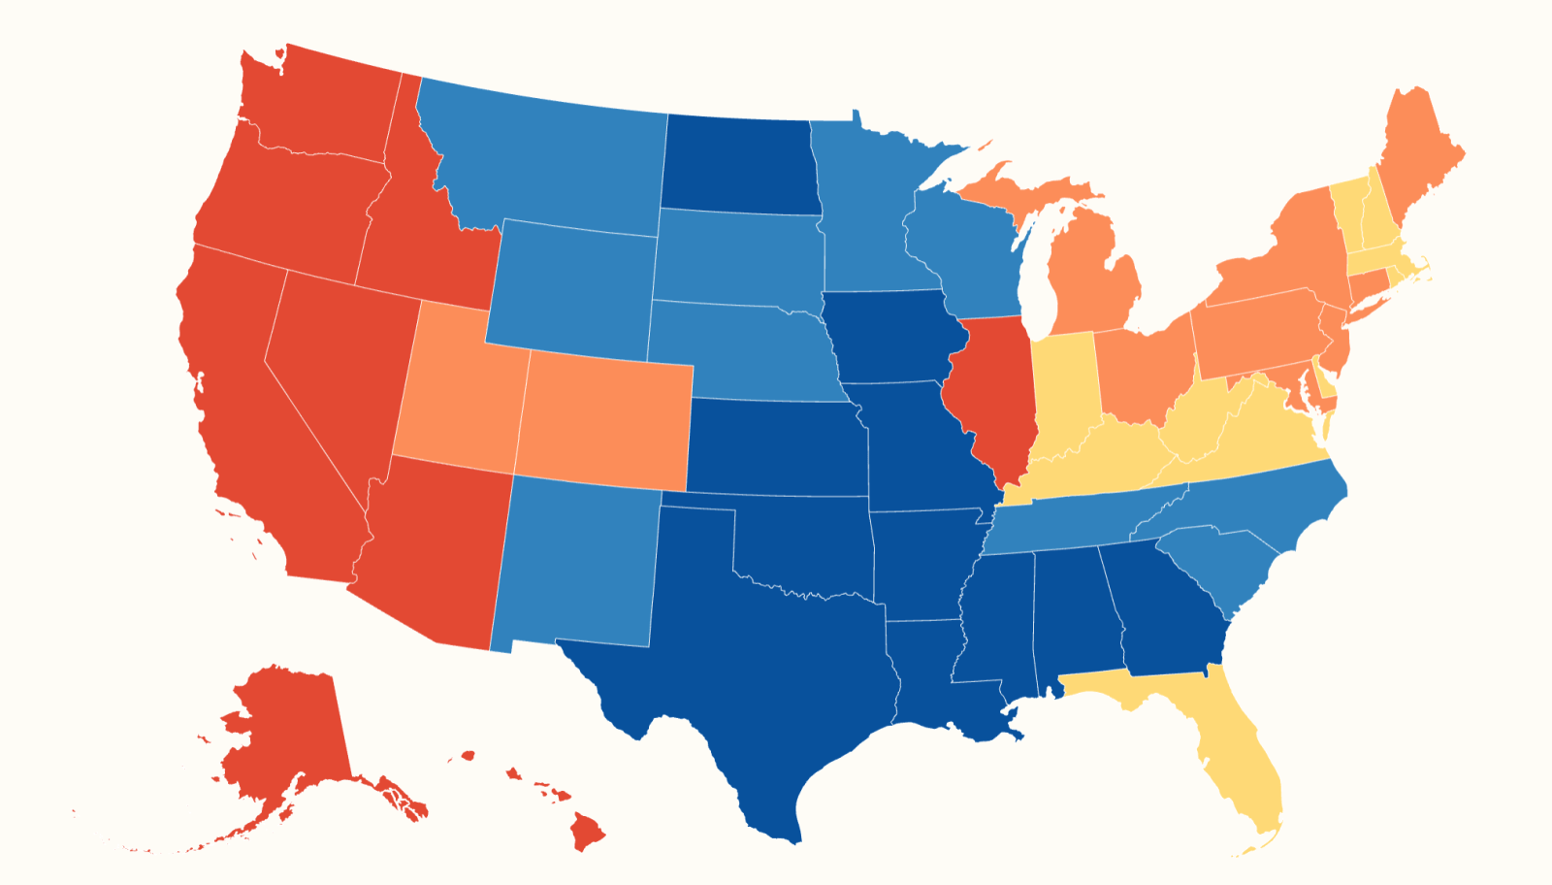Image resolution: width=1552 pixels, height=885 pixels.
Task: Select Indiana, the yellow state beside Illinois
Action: pos(1063,388)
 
